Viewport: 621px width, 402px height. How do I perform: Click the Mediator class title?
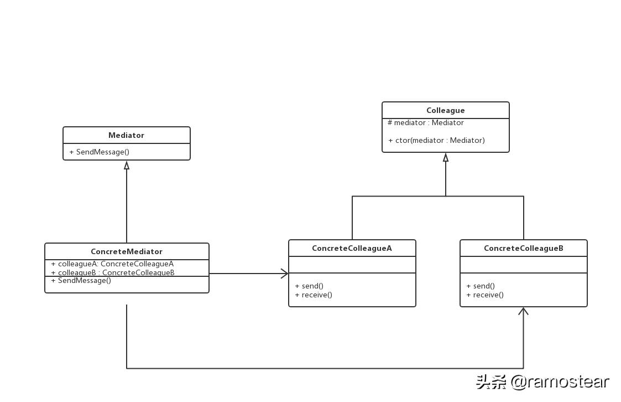click(126, 135)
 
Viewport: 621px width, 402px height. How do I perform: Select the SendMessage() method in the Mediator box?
click(100, 152)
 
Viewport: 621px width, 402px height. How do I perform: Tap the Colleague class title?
click(445, 110)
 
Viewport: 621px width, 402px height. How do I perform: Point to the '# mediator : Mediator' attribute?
click(425, 123)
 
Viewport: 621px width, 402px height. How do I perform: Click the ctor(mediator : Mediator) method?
click(436, 141)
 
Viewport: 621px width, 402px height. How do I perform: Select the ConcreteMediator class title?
click(127, 251)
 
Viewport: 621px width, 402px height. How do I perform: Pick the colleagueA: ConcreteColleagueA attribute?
click(112, 264)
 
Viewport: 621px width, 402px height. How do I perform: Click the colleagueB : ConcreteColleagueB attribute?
click(113, 272)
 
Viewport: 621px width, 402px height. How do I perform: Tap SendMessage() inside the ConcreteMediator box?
click(81, 281)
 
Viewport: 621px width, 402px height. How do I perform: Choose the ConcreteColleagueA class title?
click(352, 248)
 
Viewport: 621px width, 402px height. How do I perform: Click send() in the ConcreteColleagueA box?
click(309, 286)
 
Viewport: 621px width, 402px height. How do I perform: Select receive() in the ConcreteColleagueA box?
click(314, 295)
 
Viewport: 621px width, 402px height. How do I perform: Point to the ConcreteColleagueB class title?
click(523, 248)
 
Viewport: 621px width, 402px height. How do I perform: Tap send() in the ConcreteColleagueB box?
click(481, 286)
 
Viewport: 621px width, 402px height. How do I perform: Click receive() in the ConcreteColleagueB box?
click(485, 295)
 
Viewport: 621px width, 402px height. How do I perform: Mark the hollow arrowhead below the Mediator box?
click(127, 165)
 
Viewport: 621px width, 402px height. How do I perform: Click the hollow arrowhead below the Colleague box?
click(446, 157)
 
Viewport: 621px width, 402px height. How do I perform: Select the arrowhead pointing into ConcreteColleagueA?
click(284, 274)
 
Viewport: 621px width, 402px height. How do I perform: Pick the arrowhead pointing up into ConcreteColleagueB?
click(523, 311)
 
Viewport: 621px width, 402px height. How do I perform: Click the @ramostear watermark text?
click(559, 382)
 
